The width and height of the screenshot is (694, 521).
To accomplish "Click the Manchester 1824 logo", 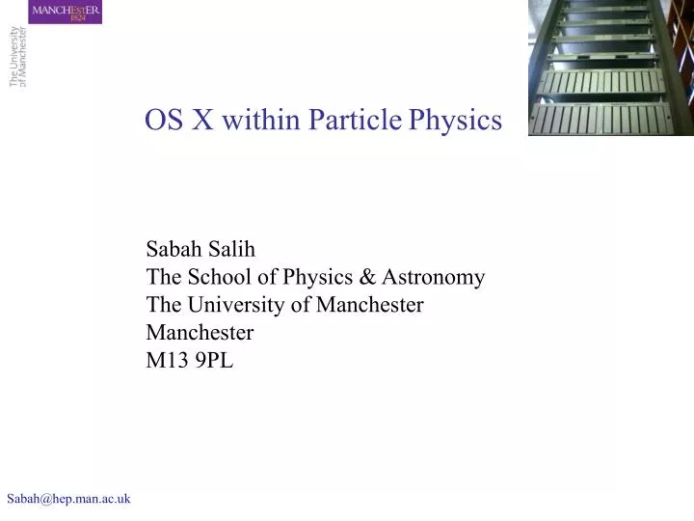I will click(66, 13).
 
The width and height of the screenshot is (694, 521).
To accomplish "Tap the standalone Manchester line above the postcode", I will click(200, 333).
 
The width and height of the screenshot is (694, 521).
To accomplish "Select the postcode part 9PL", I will click(214, 361).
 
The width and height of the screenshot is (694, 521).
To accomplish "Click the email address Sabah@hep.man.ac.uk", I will click(68, 498).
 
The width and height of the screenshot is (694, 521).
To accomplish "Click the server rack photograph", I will click(611, 68).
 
